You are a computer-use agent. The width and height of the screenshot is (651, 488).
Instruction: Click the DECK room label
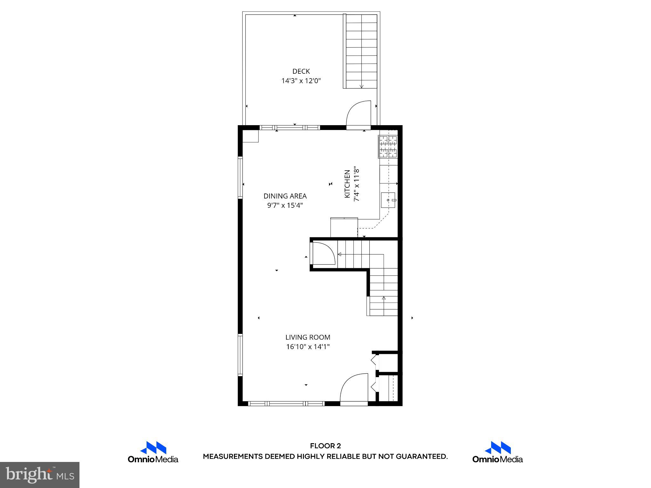[301, 71]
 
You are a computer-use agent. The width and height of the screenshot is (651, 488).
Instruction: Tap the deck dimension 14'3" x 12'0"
[301, 81]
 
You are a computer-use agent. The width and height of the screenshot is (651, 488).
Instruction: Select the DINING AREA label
[285, 196]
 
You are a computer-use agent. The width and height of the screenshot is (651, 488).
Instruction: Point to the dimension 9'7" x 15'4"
[285, 206]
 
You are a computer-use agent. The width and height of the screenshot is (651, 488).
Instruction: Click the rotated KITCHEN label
[347, 184]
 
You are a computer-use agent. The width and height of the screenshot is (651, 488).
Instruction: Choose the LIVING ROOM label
[307, 337]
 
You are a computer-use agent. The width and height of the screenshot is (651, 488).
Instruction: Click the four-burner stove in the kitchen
[388, 147]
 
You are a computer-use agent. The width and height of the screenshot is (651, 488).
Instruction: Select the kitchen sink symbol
[388, 200]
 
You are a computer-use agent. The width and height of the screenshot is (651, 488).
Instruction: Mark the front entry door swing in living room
[354, 390]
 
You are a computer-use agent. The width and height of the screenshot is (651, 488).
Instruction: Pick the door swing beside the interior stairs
[324, 253]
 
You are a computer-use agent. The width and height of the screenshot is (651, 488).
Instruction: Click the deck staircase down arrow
[361, 86]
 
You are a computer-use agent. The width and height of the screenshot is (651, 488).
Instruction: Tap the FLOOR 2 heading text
[325, 446]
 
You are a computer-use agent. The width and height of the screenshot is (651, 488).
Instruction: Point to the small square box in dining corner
[250, 136]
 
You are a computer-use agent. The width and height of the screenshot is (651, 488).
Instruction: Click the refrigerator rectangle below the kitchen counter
[344, 227]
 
